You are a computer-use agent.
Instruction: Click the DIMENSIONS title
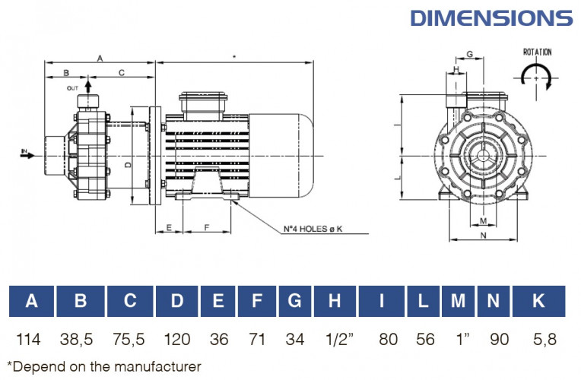(491, 17)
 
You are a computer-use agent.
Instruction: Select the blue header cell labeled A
(31, 301)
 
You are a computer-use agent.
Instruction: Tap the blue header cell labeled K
(538, 301)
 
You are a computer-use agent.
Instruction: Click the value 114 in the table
(31, 338)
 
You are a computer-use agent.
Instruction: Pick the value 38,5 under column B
(80, 338)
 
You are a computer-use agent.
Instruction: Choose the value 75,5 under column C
(130, 338)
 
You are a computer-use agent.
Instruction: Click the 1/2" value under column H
(334, 338)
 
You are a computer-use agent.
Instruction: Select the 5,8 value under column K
(538, 338)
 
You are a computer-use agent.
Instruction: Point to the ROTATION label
(537, 52)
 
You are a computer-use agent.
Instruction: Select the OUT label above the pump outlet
(73, 88)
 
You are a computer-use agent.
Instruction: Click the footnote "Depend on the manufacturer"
(104, 366)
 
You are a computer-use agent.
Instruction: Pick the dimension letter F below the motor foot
(207, 227)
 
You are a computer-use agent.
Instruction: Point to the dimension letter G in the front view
(469, 54)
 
